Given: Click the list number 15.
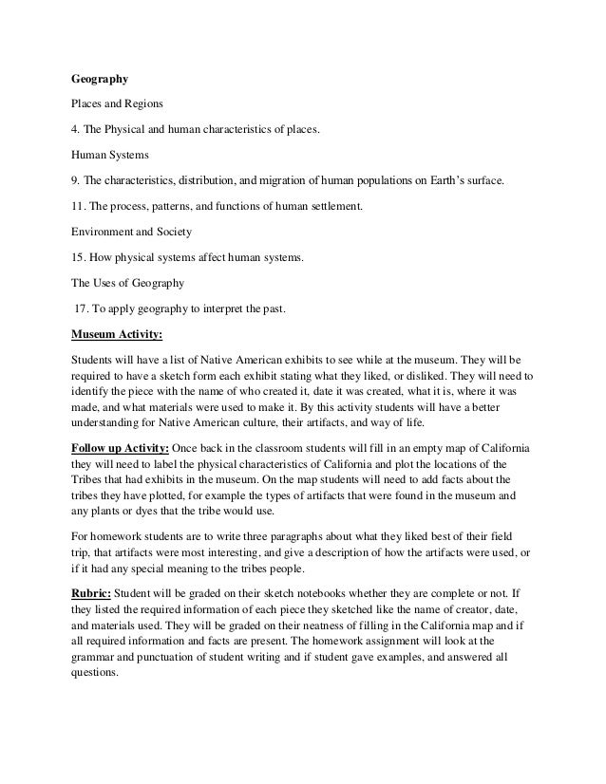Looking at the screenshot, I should (81, 256).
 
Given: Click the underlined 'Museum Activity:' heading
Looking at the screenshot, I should (118, 334).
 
